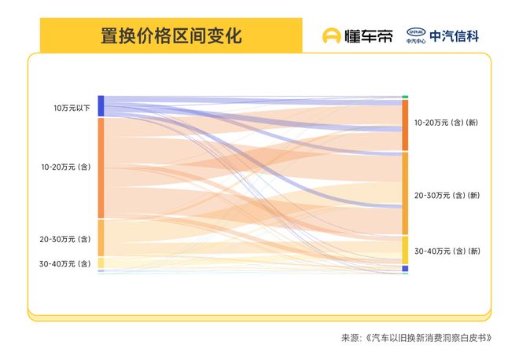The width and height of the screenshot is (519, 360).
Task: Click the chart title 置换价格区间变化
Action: coord(171,36)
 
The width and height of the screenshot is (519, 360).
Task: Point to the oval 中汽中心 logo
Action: coord(416,33)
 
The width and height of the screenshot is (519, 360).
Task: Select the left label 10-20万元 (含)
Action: coord(67,167)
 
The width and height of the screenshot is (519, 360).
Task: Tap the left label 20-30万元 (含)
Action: coord(66,239)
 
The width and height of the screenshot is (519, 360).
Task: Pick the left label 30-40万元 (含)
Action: coord(66,263)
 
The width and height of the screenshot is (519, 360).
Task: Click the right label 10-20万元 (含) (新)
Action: coord(447,123)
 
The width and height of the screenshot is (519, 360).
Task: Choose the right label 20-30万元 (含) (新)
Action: coord(447,195)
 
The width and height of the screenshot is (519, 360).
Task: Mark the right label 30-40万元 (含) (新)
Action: coord(447,251)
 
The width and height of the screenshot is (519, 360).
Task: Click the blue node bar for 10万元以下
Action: coord(101,106)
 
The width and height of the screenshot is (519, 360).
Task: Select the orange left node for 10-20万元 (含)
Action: coord(101,167)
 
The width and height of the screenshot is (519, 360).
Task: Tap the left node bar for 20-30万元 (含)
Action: coord(101,238)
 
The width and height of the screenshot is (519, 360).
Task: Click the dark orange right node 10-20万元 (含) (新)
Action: coord(405,125)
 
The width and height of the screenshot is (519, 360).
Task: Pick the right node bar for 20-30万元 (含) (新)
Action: coord(405,193)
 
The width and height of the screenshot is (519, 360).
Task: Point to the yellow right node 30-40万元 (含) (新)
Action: coord(405,250)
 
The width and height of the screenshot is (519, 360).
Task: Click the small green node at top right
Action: coord(405,97)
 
